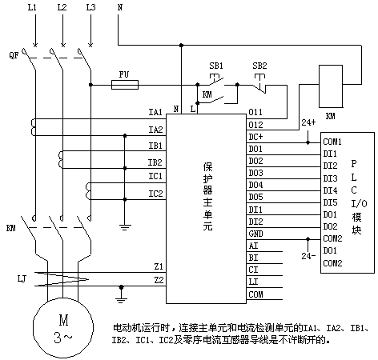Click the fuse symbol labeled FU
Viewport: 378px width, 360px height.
point(125,85)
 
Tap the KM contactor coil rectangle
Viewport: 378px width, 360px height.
point(331,86)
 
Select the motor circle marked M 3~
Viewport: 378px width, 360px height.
point(63,327)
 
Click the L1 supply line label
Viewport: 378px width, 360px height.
point(32,7)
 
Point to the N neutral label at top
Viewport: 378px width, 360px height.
point(120,7)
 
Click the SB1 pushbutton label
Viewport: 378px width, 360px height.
point(216,66)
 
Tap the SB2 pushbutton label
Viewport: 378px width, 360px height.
point(259,66)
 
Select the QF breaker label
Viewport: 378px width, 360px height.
point(14,55)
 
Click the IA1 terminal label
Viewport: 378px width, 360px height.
point(155,112)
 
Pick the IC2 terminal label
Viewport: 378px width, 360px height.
point(155,194)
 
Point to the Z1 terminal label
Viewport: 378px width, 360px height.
point(159,266)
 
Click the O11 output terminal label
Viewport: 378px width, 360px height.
point(255,112)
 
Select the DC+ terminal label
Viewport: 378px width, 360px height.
point(255,137)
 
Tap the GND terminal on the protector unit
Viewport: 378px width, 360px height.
point(255,234)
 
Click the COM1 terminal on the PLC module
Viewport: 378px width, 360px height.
point(332,142)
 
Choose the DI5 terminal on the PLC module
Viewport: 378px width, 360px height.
point(330,202)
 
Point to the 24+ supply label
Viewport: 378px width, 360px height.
point(308,122)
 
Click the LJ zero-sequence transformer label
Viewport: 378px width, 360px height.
point(22,279)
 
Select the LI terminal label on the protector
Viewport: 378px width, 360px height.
point(253,282)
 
